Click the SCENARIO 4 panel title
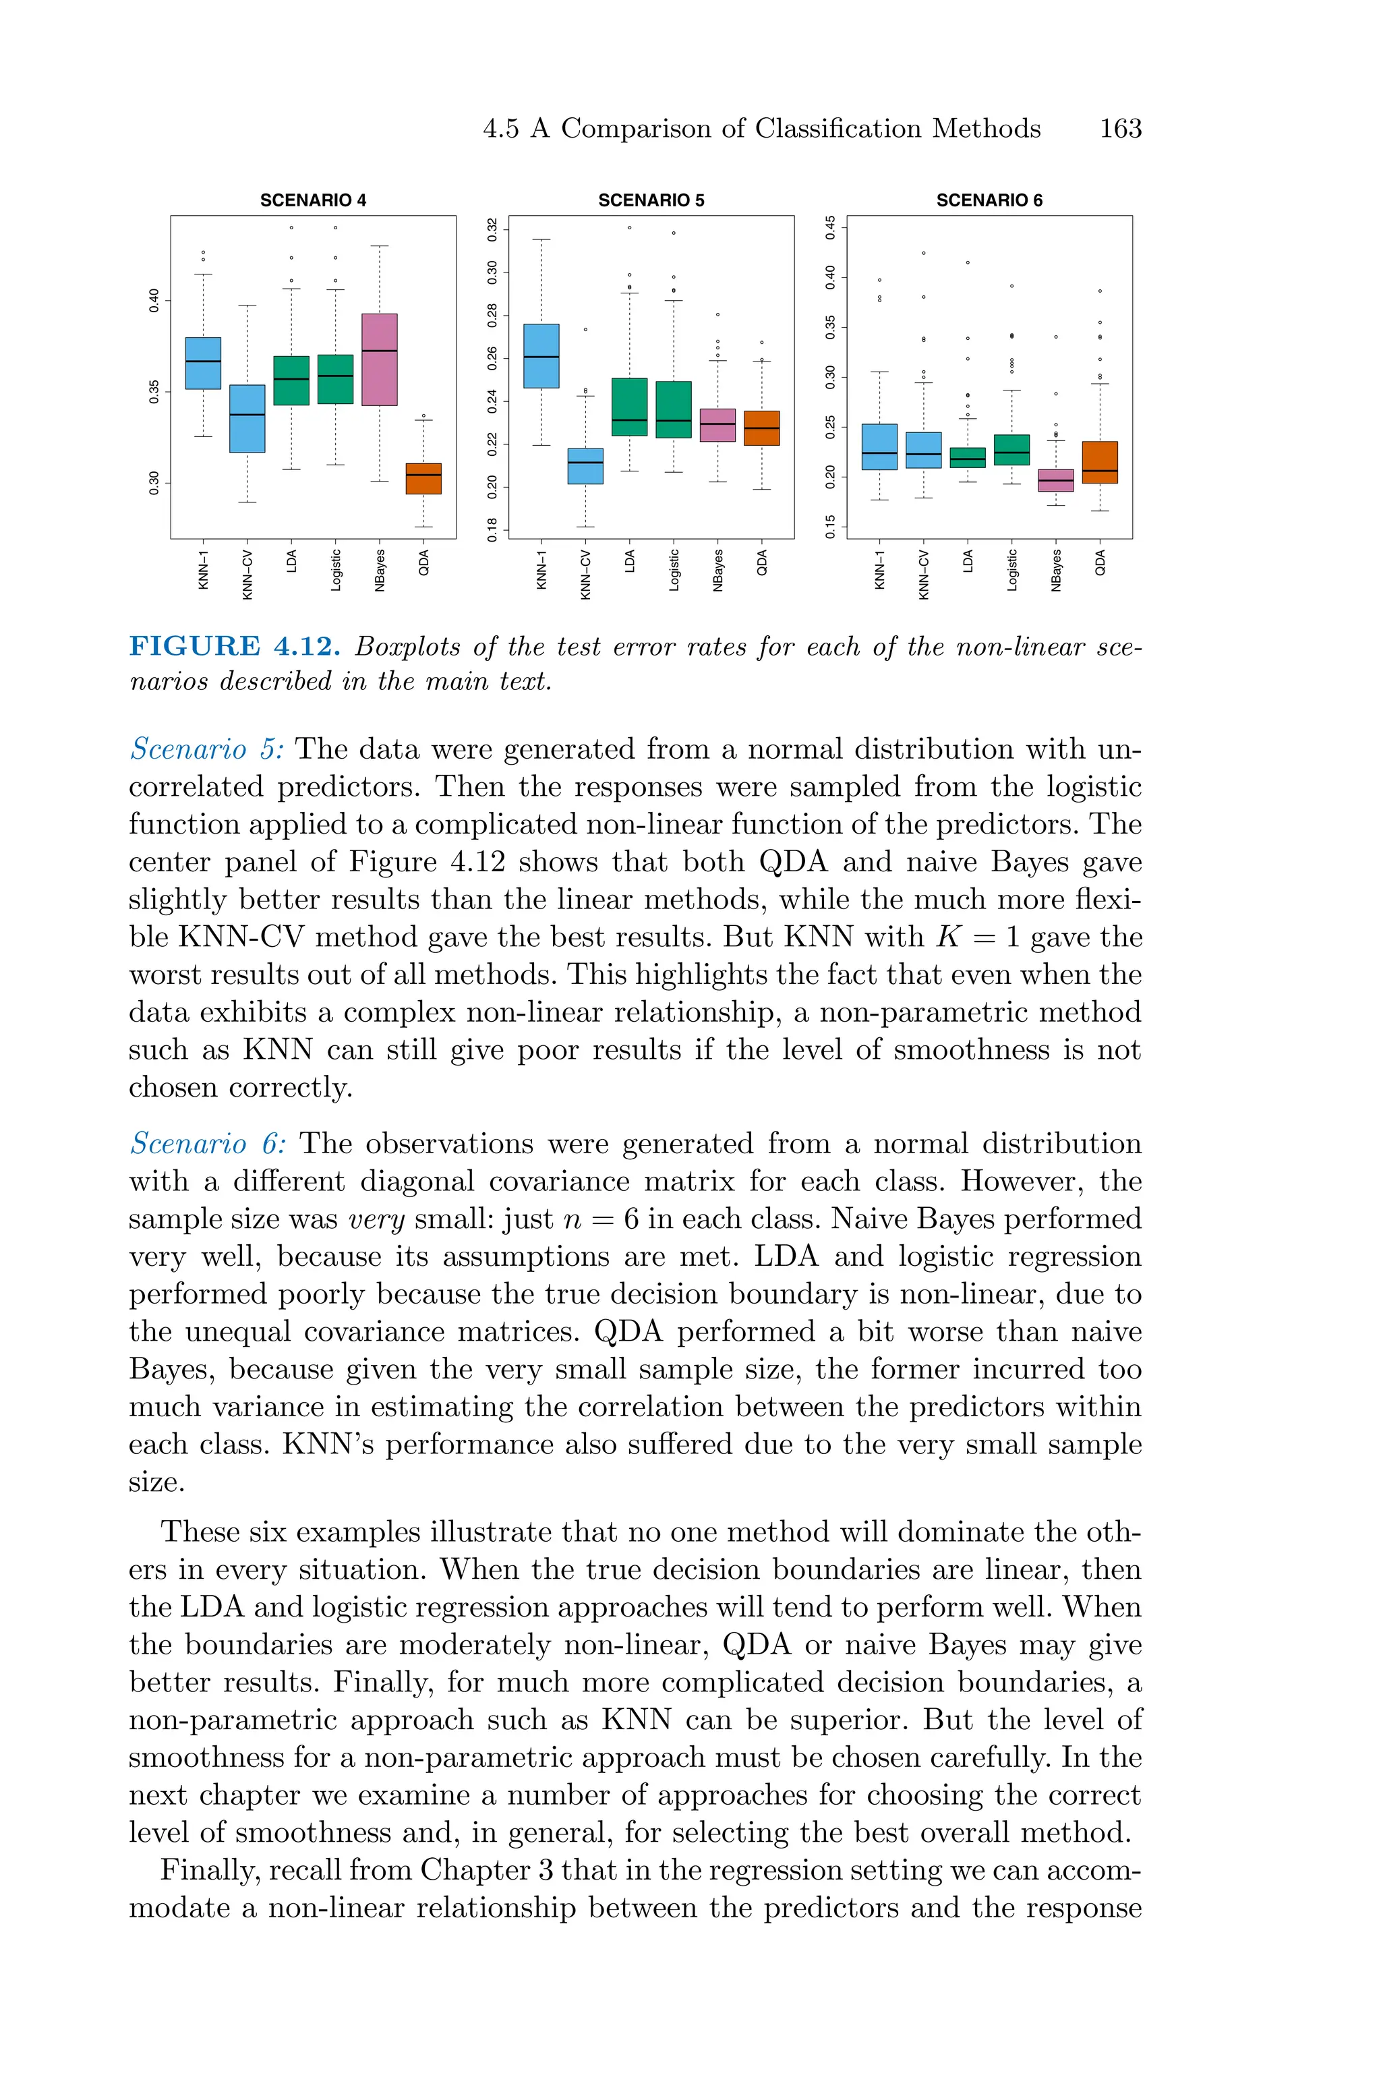pyautogui.click(x=313, y=201)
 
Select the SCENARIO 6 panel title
pyautogui.click(x=989, y=201)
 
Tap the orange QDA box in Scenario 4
pyautogui.click(x=423, y=478)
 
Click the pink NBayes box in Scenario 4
pyautogui.click(x=380, y=359)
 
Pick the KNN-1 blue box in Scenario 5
pyautogui.click(x=541, y=356)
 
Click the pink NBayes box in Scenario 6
pyautogui.click(x=1056, y=480)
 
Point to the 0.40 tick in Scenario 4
pyautogui.click(x=154, y=299)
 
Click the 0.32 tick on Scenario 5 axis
pyautogui.click(x=493, y=230)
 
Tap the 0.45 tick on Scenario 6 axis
pyautogui.click(x=829, y=227)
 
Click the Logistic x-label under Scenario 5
pyautogui.click(x=674, y=570)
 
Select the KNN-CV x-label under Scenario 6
pyautogui.click(x=924, y=574)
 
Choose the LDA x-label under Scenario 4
pyautogui.click(x=291, y=561)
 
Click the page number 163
pyautogui.click(x=1120, y=129)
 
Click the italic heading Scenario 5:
pyautogui.click(x=207, y=749)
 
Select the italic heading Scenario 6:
pyautogui.click(x=208, y=1144)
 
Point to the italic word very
pyautogui.click(x=377, y=1219)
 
